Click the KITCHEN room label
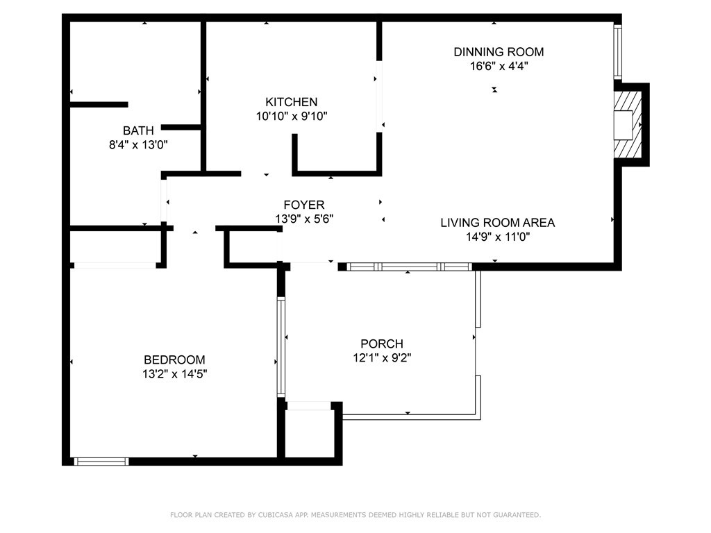click(x=291, y=102)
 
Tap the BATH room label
click(x=138, y=130)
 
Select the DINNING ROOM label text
click(x=499, y=51)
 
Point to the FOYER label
click(x=304, y=205)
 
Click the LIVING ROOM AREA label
click(x=498, y=223)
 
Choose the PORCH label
click(x=382, y=344)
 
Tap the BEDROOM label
click(x=174, y=360)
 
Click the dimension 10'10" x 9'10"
click(x=292, y=117)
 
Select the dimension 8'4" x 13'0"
click(x=138, y=145)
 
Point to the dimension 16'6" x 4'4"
click(x=499, y=66)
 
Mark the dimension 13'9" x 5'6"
click(x=304, y=219)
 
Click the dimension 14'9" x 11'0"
click(x=498, y=237)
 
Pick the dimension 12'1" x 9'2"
click(x=382, y=358)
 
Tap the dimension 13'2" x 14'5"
click(x=174, y=374)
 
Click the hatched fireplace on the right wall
click(x=628, y=125)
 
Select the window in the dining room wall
click(x=617, y=51)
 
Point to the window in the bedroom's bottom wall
click(x=101, y=462)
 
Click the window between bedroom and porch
click(x=281, y=347)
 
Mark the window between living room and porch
click(x=410, y=267)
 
